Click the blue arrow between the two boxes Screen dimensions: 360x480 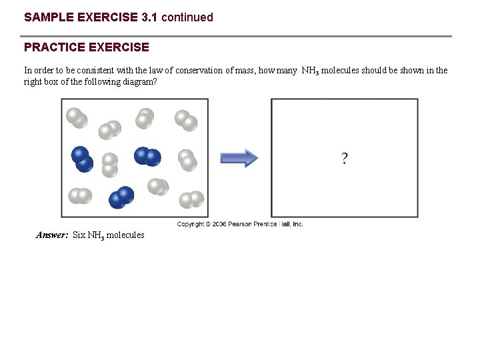239,158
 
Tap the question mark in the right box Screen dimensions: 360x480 344,158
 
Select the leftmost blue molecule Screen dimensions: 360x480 82,159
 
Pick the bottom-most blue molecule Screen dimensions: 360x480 122,197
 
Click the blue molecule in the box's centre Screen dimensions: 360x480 147,156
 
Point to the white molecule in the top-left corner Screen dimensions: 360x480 77,117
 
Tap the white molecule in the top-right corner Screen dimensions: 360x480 186,120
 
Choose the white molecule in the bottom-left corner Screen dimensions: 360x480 80,195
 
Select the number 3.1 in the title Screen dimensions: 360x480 150,17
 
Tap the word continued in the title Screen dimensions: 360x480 187,17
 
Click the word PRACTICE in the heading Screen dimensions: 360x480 51,47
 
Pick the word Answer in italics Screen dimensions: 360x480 51,235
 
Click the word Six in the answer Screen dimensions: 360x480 79,235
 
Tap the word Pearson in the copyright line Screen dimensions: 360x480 241,225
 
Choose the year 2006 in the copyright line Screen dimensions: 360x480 219,225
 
